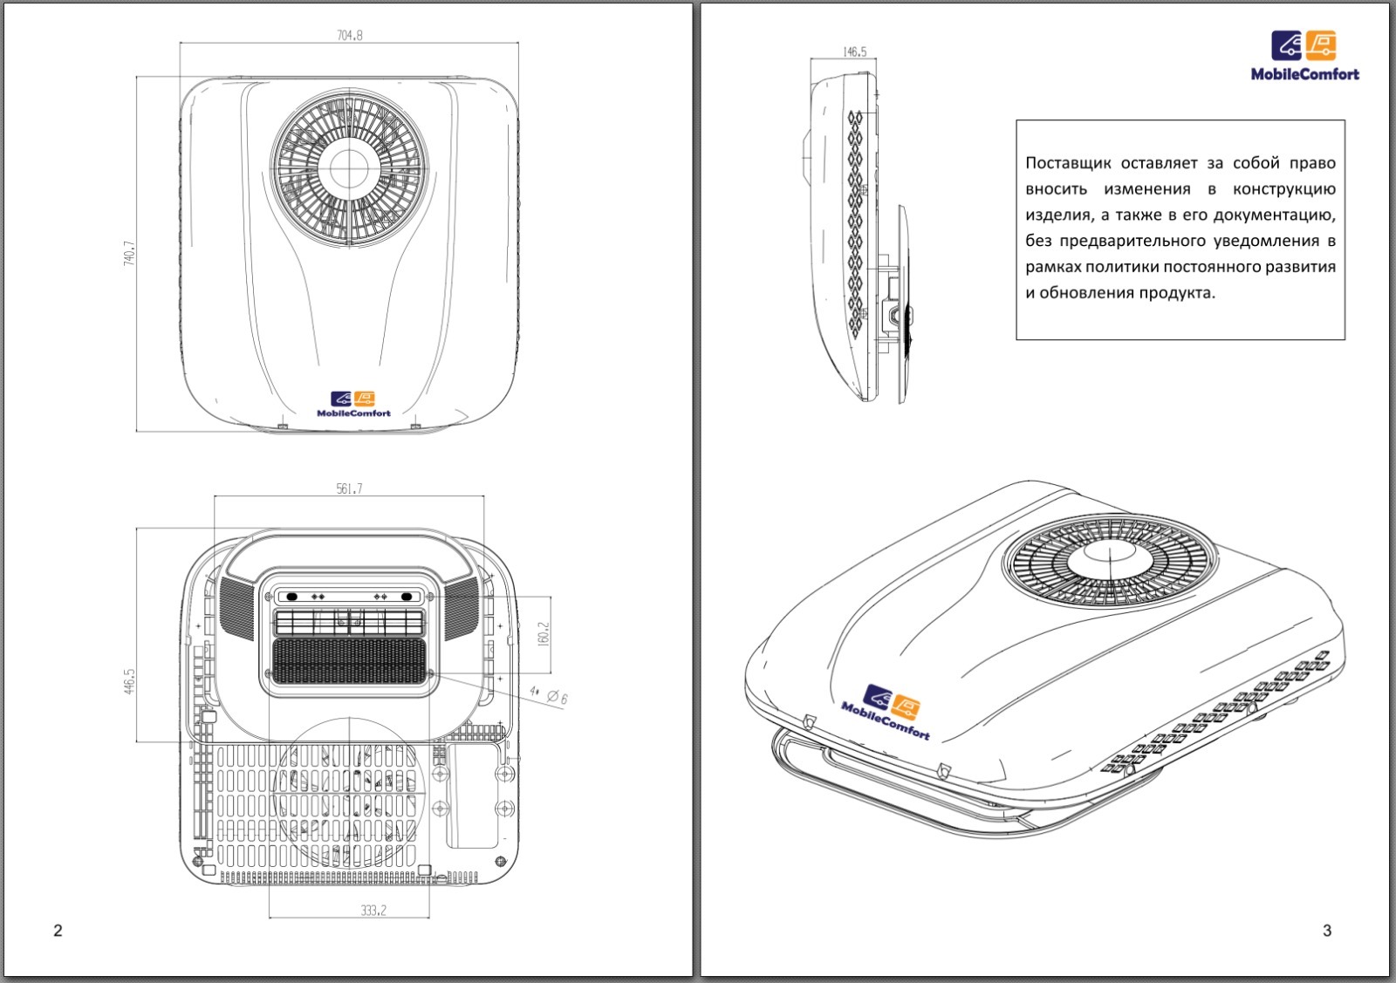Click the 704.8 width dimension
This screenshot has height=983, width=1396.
coord(349,36)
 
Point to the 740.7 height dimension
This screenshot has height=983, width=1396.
coord(130,253)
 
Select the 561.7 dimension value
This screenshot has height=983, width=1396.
coord(349,489)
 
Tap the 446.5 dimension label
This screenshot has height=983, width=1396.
coord(130,681)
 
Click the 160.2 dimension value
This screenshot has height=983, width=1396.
coord(544,634)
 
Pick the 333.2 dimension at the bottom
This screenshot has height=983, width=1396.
coord(373,911)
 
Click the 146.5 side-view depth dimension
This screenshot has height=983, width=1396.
coord(854,52)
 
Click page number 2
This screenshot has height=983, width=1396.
coord(58,931)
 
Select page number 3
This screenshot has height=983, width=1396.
coord(1327,931)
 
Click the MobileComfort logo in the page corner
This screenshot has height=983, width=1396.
coord(1304,57)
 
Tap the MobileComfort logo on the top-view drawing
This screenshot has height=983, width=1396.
coord(353,404)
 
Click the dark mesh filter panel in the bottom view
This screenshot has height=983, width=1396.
coord(348,661)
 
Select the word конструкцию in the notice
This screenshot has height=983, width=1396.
coord(1283,189)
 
